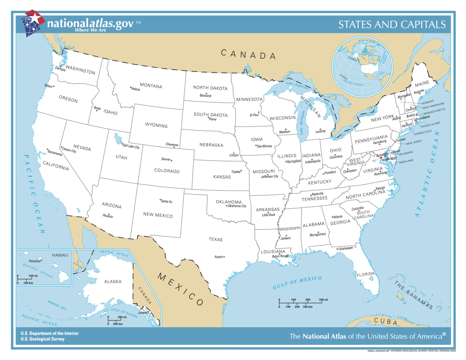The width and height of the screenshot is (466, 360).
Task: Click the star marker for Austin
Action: pos(224,256)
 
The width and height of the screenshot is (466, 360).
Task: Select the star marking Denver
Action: pos(172,160)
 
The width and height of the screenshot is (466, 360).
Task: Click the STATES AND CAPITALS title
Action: pos(392,25)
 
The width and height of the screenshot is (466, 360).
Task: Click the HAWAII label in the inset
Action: pos(60,255)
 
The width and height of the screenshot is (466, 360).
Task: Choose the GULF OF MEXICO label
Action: pos(297,282)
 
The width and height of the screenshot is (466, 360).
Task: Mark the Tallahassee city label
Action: pos(345,248)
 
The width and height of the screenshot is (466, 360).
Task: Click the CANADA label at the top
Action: pos(249,54)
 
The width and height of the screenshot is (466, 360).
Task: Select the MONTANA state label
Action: pos(151,86)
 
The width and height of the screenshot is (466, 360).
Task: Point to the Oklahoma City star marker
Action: pos(226,206)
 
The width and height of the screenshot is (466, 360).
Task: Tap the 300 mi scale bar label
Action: pos(323,300)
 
